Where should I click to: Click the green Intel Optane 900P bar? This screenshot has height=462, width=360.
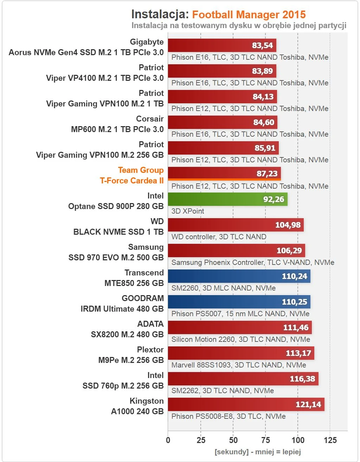(227, 199)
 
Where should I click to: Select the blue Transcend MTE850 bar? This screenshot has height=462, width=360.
(239, 276)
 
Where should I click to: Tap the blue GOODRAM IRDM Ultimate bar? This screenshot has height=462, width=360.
(239, 302)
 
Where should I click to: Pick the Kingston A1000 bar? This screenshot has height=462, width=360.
(246, 404)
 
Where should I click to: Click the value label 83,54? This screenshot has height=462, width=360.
(262, 45)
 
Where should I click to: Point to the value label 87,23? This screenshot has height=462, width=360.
(267, 174)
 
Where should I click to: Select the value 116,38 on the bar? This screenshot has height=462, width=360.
(302, 379)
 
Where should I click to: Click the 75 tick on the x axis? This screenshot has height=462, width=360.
(265, 440)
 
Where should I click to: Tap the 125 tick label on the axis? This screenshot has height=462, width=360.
(330, 440)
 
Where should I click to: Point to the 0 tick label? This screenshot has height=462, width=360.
(168, 440)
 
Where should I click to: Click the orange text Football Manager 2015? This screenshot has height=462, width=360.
(249, 15)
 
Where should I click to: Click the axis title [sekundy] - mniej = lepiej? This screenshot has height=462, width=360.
(258, 452)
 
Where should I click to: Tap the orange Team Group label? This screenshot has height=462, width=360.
(141, 170)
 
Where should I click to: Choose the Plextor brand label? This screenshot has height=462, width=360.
(150, 350)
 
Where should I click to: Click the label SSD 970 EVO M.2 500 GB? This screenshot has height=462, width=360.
(116, 258)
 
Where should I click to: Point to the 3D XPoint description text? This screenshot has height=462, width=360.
(188, 211)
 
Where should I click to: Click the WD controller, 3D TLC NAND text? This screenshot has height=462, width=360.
(219, 237)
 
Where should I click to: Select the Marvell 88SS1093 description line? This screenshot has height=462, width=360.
(238, 365)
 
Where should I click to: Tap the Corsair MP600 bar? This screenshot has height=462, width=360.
(222, 122)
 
